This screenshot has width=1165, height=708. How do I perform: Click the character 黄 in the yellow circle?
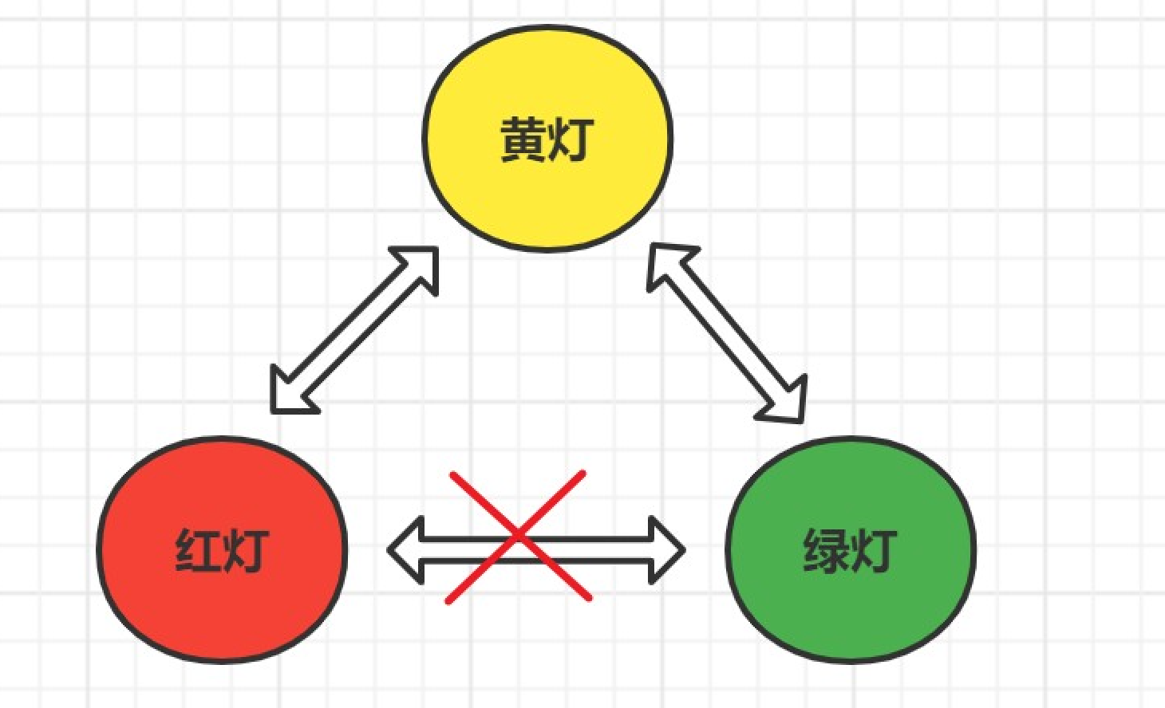point(523,140)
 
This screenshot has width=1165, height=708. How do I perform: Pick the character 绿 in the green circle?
point(825,550)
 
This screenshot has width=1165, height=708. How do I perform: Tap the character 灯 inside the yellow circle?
point(571,140)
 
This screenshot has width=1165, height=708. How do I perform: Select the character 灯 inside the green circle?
point(872,550)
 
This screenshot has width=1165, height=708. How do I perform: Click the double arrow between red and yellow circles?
point(355,330)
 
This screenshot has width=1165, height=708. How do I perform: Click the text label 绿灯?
point(849,550)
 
